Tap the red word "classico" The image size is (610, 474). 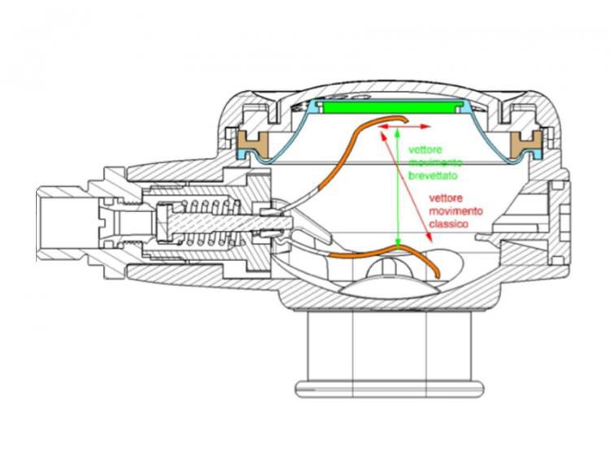pyautogui.click(x=449, y=223)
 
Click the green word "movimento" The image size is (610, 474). pyautogui.click(x=431, y=163)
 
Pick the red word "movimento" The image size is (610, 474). pyautogui.click(x=455, y=211)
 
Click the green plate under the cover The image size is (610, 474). pyautogui.click(x=391, y=107)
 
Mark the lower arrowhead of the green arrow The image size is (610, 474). pyautogui.click(x=397, y=243)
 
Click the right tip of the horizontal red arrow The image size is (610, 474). pyautogui.click(x=429, y=128)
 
